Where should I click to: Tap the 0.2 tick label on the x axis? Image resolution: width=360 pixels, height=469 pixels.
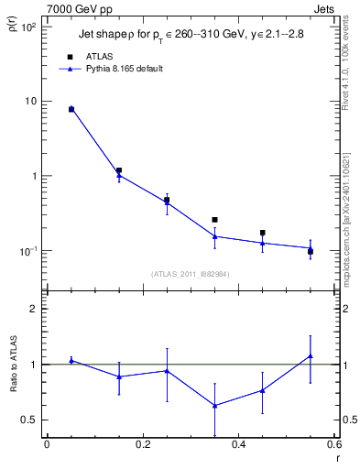point(142,446)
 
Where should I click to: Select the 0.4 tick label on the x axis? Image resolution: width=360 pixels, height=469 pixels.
point(239,446)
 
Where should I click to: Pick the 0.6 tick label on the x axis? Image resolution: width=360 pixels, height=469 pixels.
point(334,446)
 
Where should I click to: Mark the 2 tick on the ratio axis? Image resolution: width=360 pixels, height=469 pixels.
point(32,309)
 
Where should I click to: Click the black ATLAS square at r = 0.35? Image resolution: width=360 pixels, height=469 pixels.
point(214,220)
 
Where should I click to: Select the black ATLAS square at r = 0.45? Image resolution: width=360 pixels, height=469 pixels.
point(263,233)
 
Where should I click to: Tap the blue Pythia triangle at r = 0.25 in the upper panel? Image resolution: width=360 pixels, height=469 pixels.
point(167,202)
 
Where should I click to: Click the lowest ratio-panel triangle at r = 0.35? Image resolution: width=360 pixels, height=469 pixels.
point(214,406)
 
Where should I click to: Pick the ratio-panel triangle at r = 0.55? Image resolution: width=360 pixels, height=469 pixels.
point(311,355)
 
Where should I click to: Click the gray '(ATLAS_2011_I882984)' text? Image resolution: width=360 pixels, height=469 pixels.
point(191,274)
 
